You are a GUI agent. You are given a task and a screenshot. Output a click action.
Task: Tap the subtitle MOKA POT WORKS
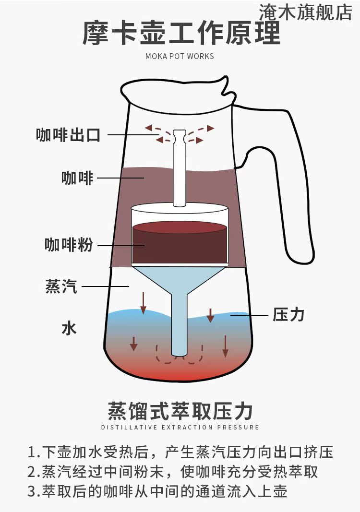tap(180, 56)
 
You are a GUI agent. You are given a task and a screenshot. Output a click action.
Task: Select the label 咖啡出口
tap(69, 135)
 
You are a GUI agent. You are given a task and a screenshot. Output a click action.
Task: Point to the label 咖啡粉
tap(69, 245)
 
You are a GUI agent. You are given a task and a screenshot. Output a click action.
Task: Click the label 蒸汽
tap(61, 286)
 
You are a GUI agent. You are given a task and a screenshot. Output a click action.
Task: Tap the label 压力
tap(288, 315)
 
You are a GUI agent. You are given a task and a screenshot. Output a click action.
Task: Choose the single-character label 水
tap(69, 329)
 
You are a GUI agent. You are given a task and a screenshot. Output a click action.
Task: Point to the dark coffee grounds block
tap(180, 245)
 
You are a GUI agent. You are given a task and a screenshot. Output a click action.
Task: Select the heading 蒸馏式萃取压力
tap(180, 411)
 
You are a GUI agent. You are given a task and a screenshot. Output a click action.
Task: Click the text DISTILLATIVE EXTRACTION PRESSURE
tap(180, 427)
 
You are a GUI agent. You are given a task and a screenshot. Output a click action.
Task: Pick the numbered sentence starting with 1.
tap(180, 452)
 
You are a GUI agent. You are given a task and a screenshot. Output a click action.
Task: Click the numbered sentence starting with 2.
tap(173, 472)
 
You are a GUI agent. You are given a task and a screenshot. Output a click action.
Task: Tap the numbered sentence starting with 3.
tap(157, 491)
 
